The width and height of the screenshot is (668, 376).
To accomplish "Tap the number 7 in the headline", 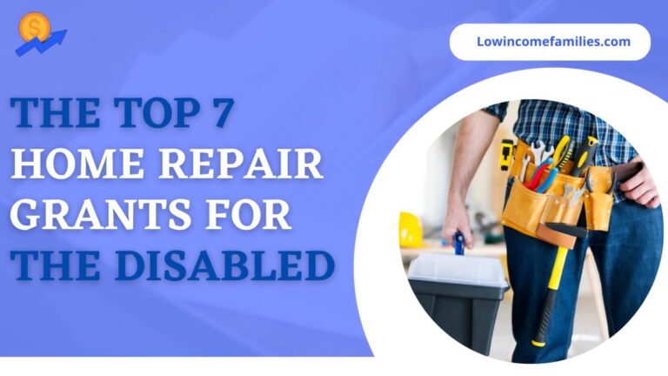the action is click(x=223, y=113).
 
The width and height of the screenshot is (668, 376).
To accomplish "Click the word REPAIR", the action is click(x=241, y=164).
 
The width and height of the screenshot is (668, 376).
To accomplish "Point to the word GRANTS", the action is click(x=101, y=214).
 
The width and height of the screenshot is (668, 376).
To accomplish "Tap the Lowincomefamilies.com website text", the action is click(x=553, y=42).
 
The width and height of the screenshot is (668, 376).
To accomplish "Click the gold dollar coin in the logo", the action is click(x=35, y=27).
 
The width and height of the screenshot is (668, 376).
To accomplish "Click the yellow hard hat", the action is click(x=411, y=230).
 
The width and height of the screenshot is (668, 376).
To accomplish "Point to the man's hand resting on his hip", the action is click(x=635, y=183).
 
